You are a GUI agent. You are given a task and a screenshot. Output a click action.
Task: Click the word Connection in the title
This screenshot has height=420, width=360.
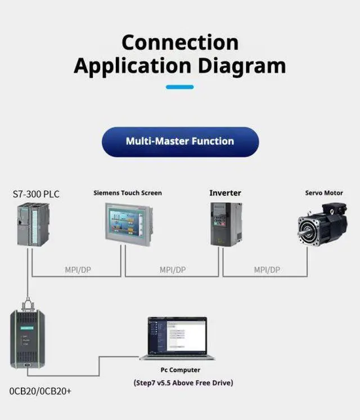coord(179,42)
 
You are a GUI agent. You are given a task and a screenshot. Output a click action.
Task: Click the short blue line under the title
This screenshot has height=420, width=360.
coord(179,87)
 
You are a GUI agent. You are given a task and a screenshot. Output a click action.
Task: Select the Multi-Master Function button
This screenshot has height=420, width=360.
coord(180,141)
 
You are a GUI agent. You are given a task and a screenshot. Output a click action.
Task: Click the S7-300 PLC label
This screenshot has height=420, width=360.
coord(36,194)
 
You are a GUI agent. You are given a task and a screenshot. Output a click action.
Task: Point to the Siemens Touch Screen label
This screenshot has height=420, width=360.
coord(128,193)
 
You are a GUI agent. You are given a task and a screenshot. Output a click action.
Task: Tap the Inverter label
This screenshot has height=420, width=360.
coord(225,193)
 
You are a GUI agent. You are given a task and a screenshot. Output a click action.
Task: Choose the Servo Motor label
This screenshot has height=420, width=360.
coord(324,193)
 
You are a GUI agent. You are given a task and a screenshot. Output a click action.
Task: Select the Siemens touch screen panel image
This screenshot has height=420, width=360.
coord(128,225)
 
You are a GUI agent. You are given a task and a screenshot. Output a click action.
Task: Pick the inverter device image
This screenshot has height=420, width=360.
coord(226,224)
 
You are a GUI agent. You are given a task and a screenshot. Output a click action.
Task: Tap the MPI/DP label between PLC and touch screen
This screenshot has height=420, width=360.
coord(77,270)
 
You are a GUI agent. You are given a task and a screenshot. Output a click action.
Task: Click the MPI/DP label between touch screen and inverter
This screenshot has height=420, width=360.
coord(172,270)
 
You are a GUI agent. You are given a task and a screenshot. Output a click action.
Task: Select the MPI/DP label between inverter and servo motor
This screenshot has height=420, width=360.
coord(267,270)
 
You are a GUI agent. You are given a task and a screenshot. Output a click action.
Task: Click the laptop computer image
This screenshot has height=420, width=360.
coord(177,338)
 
